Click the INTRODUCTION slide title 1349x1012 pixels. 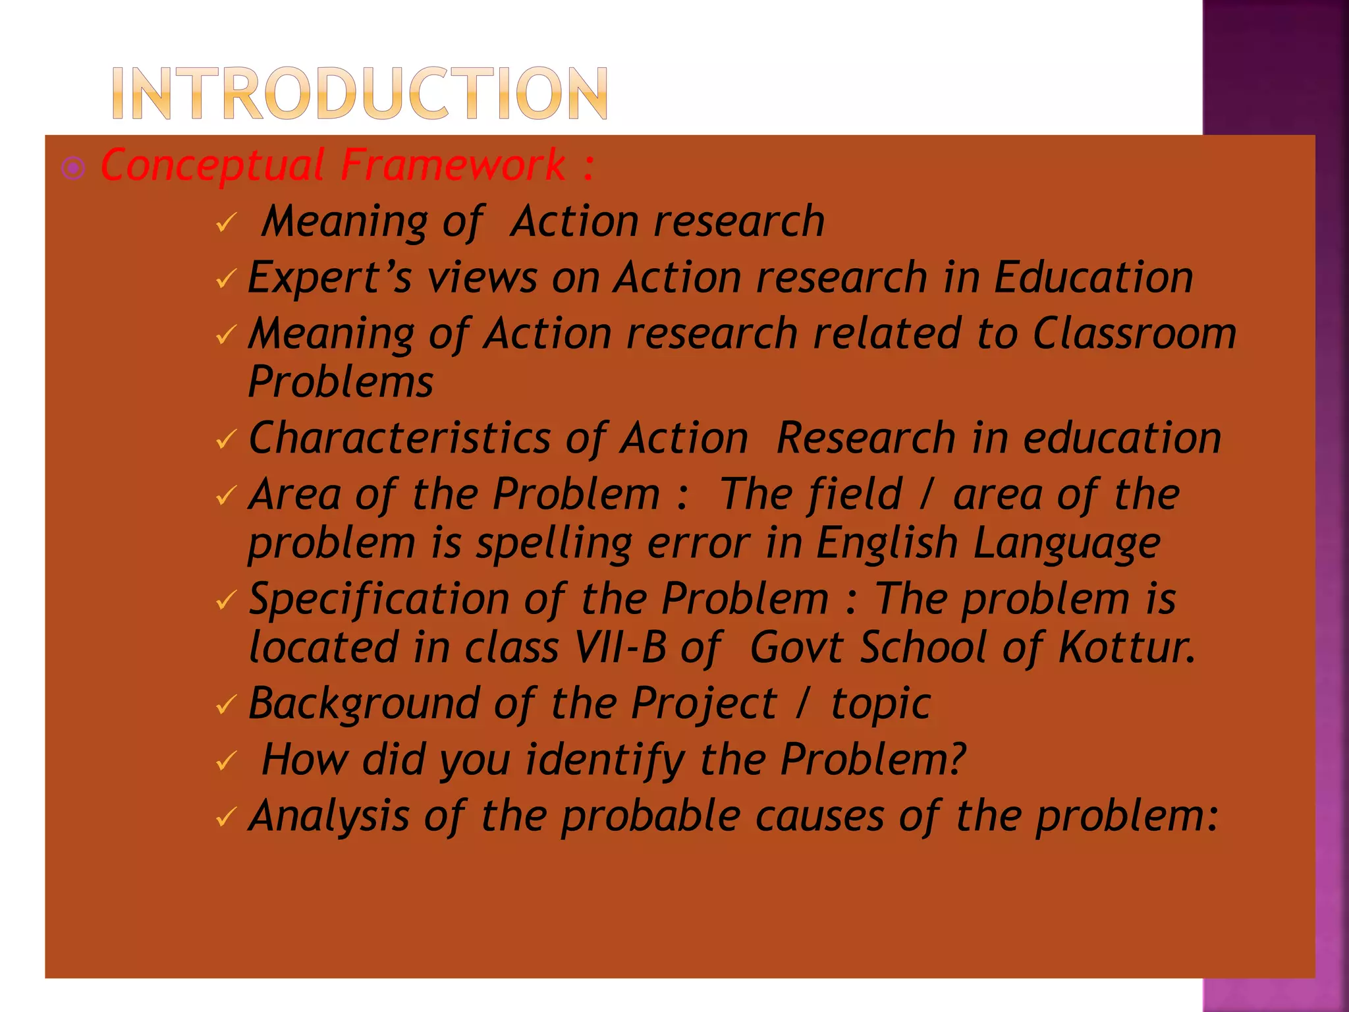(x=360, y=93)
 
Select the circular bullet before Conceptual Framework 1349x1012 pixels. (x=73, y=169)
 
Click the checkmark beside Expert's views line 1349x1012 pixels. (x=225, y=280)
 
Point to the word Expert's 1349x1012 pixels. (x=329, y=277)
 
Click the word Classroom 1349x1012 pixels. (x=1134, y=333)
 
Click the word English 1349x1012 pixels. (x=887, y=543)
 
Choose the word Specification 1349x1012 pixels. (x=379, y=600)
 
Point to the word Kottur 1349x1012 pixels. (x=1126, y=647)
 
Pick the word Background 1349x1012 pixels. (x=364, y=704)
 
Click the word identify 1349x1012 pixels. (x=605, y=760)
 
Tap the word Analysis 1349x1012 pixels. (x=329, y=816)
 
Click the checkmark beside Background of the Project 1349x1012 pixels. (x=225, y=706)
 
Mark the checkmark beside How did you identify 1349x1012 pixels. (x=225, y=762)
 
